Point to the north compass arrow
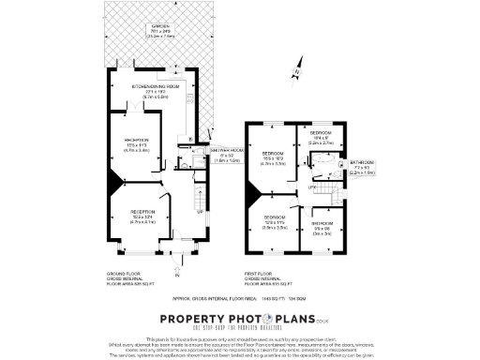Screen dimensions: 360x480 (x=298, y=68)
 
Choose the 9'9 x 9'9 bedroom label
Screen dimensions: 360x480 (x=322, y=227)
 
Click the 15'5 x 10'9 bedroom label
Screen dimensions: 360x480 (x=273, y=157)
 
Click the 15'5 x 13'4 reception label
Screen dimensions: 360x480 (x=142, y=217)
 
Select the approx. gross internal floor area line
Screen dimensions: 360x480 (x=240, y=297)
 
